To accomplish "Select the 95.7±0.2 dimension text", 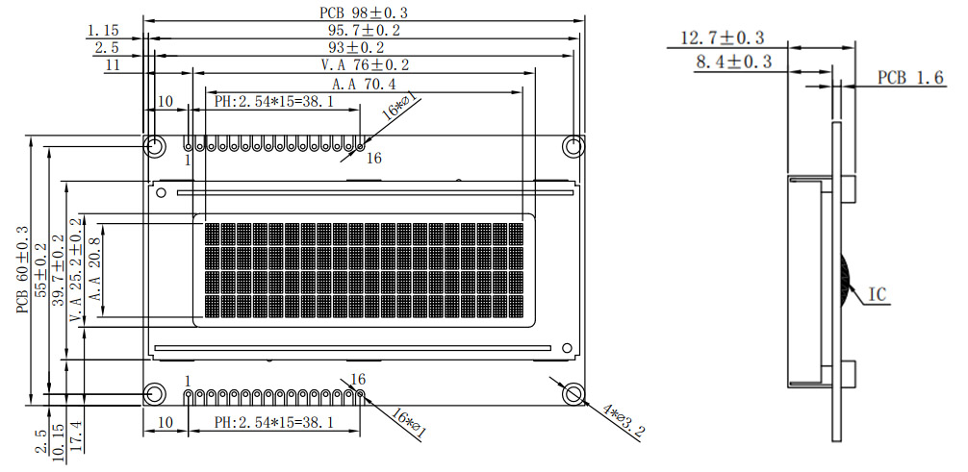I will point(365,30).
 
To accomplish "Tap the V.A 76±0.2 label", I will point(365,64).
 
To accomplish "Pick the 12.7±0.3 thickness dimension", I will point(722,37).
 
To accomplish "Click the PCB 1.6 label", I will point(909,78).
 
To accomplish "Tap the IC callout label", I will point(878,293).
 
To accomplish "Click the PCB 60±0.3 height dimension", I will point(22,270).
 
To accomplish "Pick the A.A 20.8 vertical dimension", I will point(95,270).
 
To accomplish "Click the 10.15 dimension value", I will point(58,442).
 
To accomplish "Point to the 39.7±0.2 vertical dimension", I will point(58,265).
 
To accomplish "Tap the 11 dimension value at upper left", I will point(113,64).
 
